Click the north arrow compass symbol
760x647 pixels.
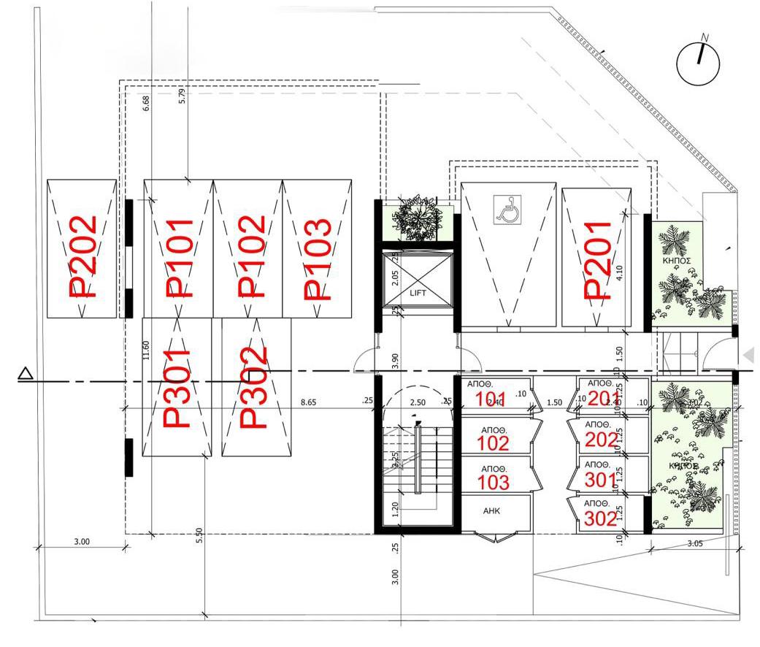click(x=698, y=64)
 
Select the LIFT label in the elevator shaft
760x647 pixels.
click(x=418, y=293)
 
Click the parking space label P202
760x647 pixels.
click(x=82, y=256)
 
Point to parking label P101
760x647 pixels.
click(x=179, y=259)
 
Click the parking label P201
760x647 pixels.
click(x=598, y=261)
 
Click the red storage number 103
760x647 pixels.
click(x=493, y=482)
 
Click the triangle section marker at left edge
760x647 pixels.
click(x=26, y=375)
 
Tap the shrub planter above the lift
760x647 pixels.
click(x=419, y=218)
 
